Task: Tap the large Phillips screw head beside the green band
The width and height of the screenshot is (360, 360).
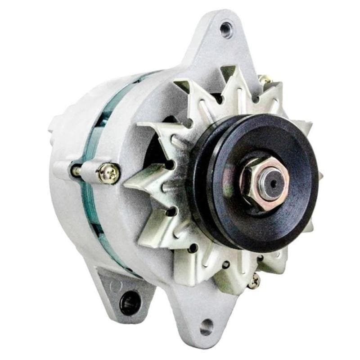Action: point(109,172)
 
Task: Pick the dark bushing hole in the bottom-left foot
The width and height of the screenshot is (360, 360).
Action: point(130,301)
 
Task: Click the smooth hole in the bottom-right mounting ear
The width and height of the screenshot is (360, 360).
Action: point(207,327)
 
